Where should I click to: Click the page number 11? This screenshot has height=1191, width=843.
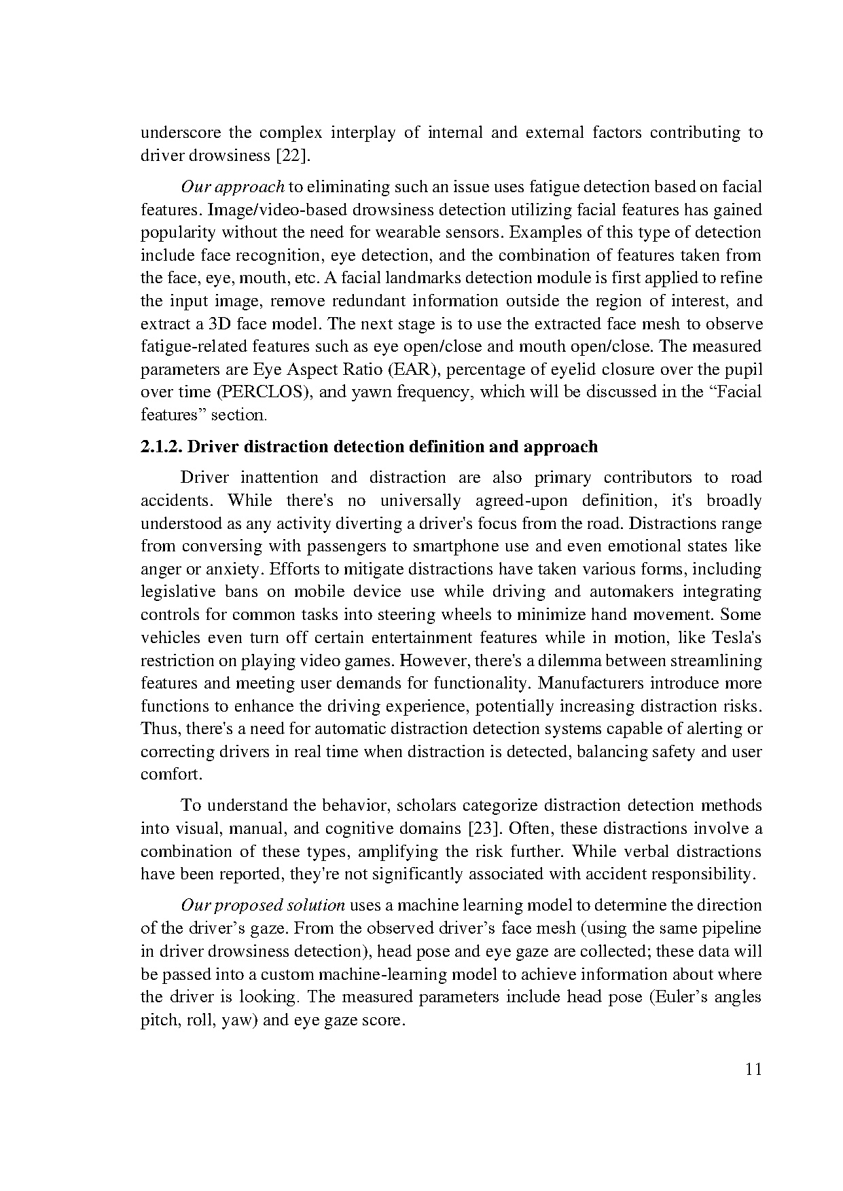pyautogui.click(x=753, y=1069)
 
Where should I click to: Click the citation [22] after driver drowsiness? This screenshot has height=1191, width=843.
pyautogui.click(x=292, y=155)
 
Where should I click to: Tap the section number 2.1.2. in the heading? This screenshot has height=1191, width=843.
pyautogui.click(x=161, y=447)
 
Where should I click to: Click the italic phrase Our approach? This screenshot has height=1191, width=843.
pyautogui.click(x=232, y=187)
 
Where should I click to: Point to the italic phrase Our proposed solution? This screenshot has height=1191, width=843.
pyautogui.click(x=263, y=906)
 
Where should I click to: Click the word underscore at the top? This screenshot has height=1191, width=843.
pyautogui.click(x=180, y=132)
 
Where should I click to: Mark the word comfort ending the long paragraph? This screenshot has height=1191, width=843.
pyautogui.click(x=171, y=775)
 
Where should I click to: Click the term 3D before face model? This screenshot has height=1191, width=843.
pyautogui.click(x=218, y=324)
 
